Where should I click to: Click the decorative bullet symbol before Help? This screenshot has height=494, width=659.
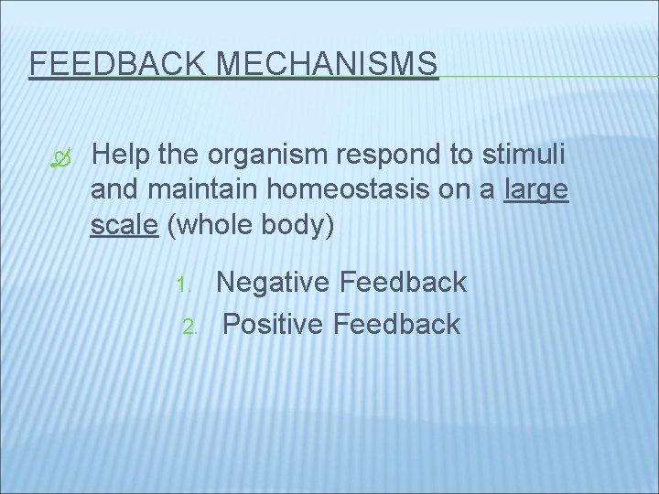pyautogui.click(x=60, y=158)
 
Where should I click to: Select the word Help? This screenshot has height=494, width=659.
pyautogui.click(x=122, y=156)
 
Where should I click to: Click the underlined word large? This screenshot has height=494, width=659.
pyautogui.click(x=537, y=192)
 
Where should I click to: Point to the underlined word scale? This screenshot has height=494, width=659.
pyautogui.click(x=125, y=225)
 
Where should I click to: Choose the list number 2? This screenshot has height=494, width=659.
pyautogui.click(x=190, y=326)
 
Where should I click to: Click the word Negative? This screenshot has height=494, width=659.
pyautogui.click(x=274, y=283)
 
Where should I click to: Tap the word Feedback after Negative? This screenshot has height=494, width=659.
pyautogui.click(x=403, y=283)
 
